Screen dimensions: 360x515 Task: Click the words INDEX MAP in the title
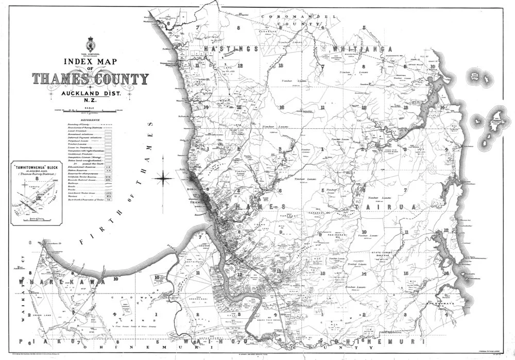point(90,61)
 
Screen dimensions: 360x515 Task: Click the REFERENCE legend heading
point(90,118)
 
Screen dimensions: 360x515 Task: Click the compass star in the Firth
point(164,179)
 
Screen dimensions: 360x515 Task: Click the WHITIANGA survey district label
point(354,49)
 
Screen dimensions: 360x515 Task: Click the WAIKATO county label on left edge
point(22,299)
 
